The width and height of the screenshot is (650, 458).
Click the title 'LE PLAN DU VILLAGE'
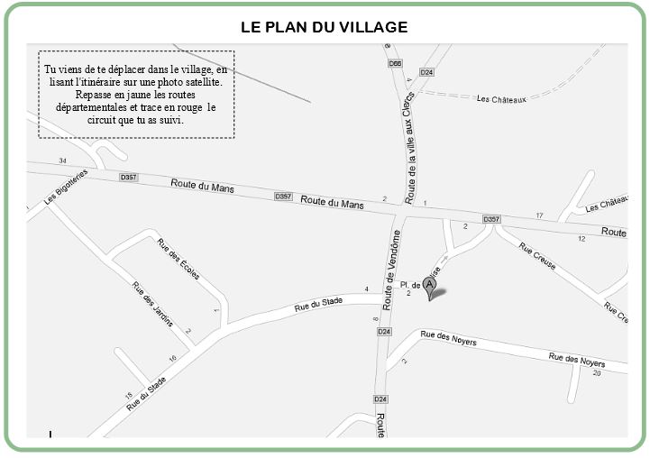(x=325, y=27)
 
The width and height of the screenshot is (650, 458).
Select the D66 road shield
(x=395, y=64)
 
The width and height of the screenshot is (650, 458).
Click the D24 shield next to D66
(x=427, y=72)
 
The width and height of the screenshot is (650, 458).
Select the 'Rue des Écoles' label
(x=179, y=260)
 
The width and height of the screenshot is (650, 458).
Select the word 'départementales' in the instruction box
(x=93, y=107)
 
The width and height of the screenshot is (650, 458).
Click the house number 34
(x=62, y=160)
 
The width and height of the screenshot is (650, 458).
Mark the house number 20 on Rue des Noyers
(x=597, y=372)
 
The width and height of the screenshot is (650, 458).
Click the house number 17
(x=539, y=215)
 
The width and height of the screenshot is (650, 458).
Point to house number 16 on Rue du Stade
(x=172, y=359)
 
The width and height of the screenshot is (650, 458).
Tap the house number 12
(x=581, y=238)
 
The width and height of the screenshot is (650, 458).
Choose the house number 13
(x=128, y=396)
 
